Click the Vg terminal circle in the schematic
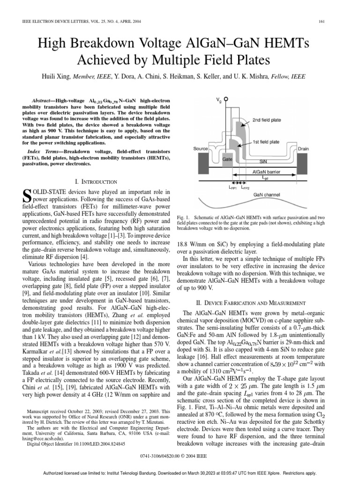click(x=226, y=100)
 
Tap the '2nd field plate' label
click(x=267, y=120)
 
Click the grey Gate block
click(x=228, y=160)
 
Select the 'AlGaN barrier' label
click(x=266, y=172)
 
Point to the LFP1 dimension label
click(x=232, y=187)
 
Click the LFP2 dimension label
click(x=245, y=187)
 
